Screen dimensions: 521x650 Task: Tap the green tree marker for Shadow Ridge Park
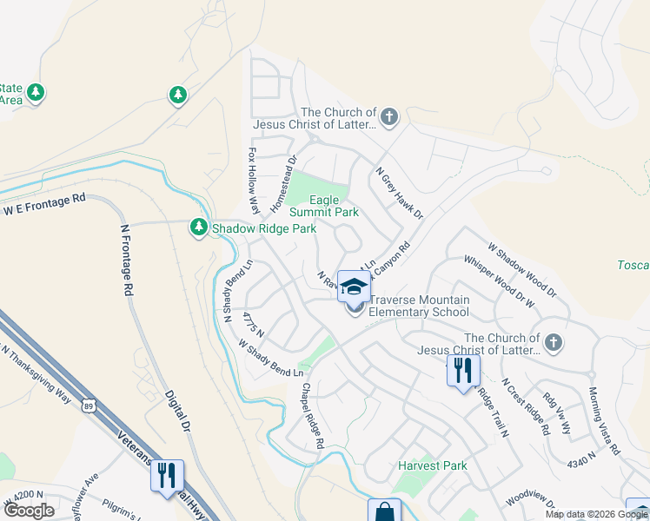pos(199,228)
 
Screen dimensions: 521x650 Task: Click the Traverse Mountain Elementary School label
pos(419,306)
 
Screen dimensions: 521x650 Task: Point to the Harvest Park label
pos(432,465)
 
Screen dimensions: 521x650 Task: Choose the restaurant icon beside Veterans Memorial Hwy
pos(167,475)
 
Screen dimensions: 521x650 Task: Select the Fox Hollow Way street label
pos(254,179)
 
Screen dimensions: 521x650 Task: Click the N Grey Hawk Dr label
pos(398,193)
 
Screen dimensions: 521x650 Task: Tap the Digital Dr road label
pos(177,410)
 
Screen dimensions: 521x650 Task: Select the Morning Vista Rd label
pos(604,421)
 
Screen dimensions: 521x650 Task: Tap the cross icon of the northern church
pos(389,115)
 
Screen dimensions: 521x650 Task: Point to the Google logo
pos(29,511)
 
